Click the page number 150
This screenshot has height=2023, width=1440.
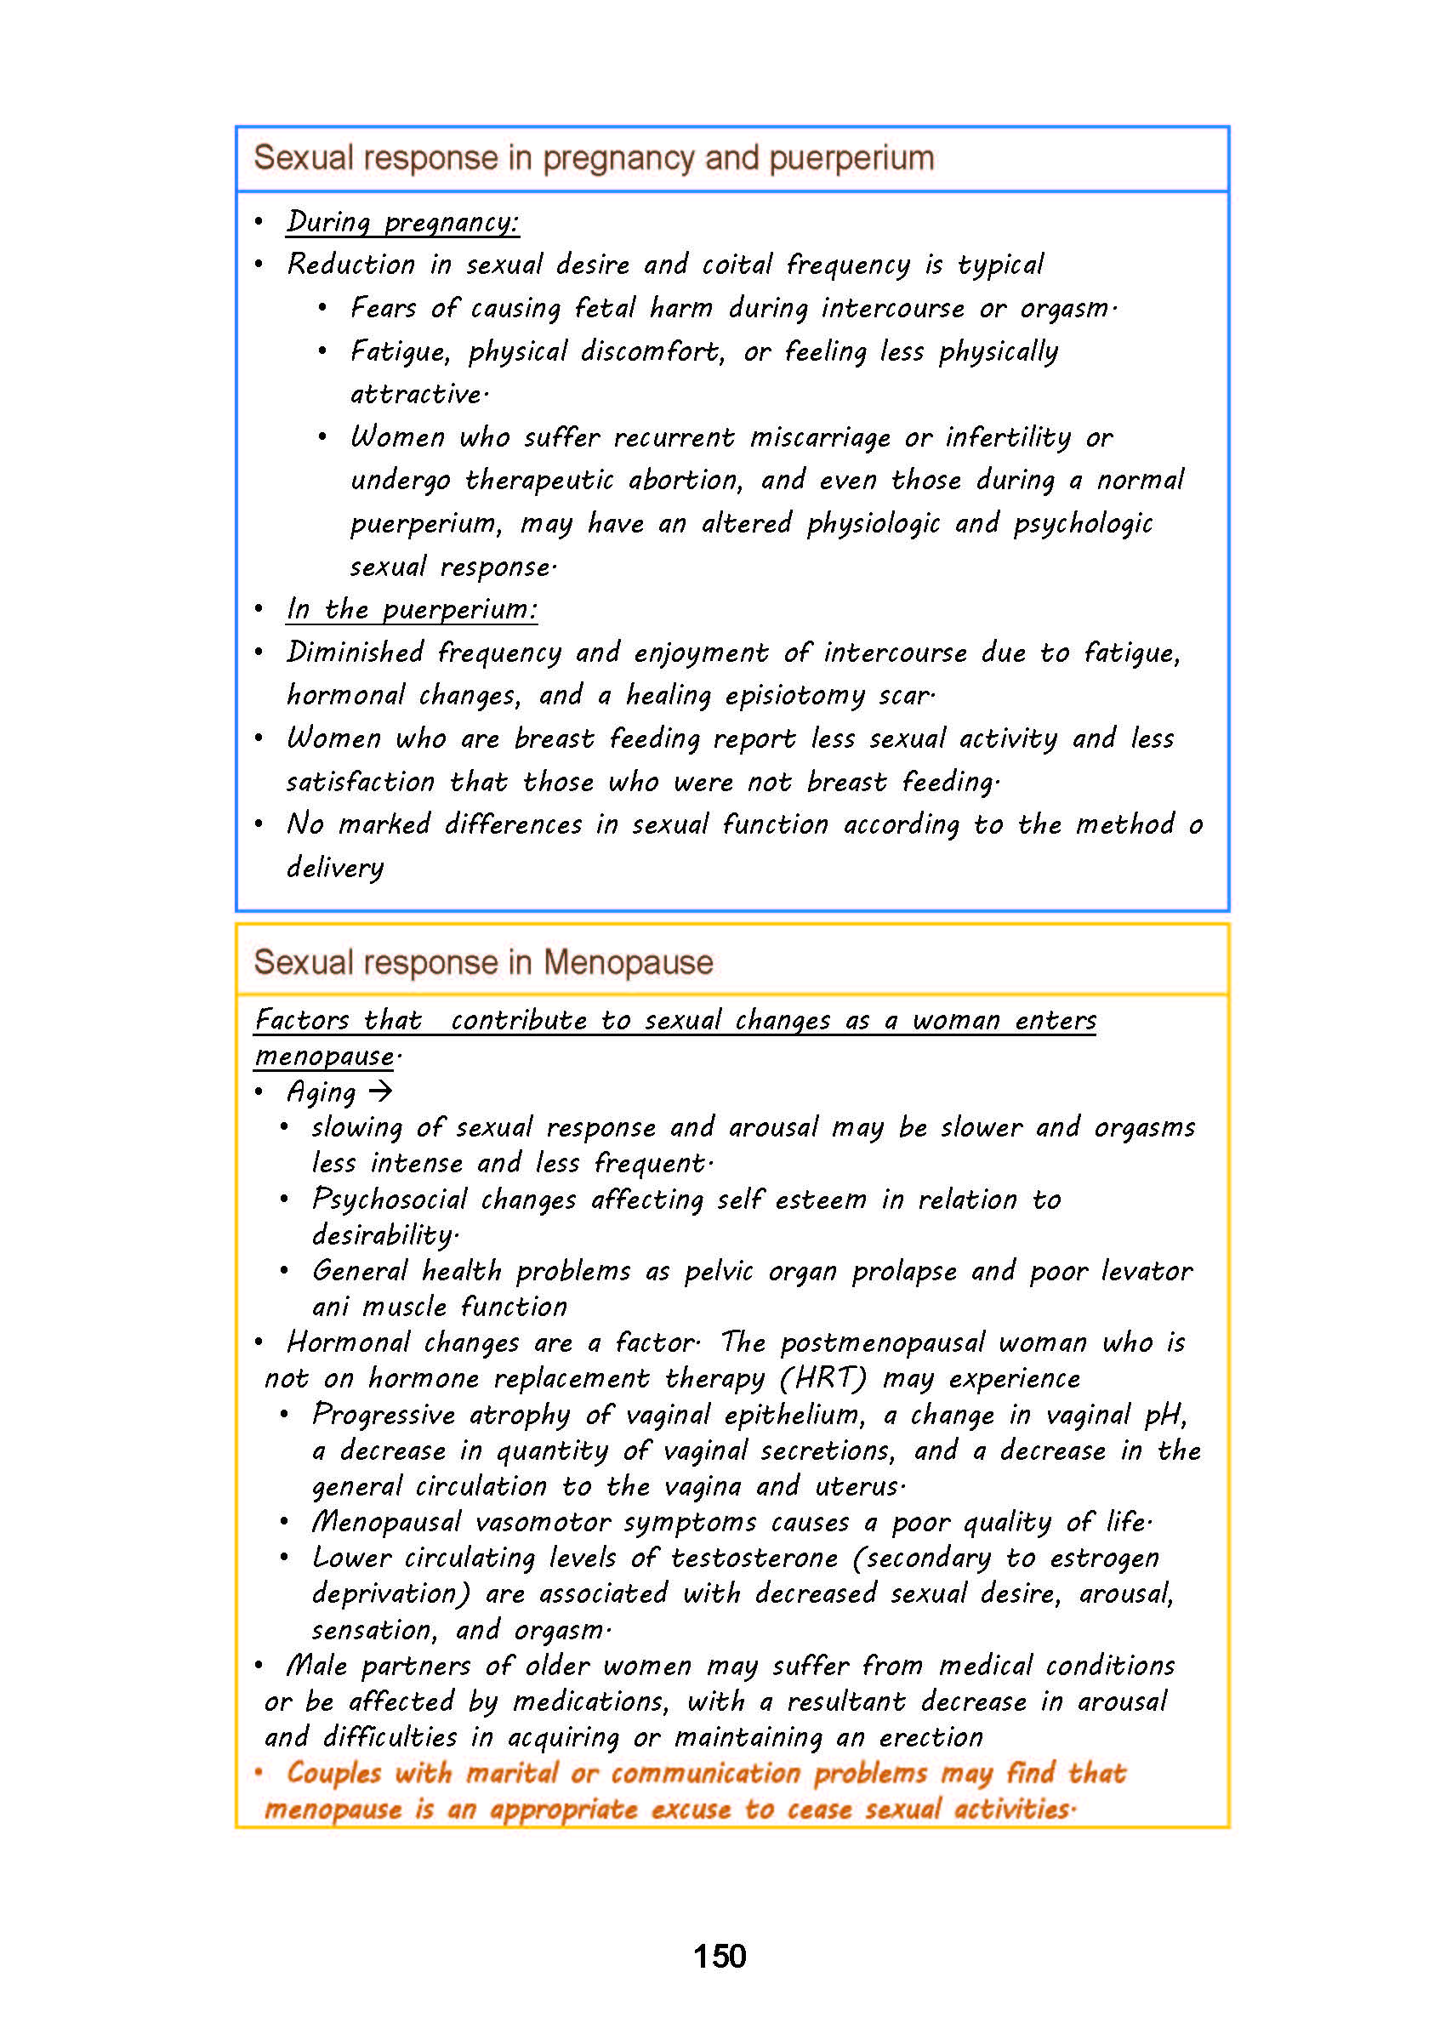point(719,1956)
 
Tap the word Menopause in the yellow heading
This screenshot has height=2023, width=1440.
point(628,962)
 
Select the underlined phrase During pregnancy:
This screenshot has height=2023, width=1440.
point(402,222)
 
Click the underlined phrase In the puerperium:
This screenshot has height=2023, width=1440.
point(412,609)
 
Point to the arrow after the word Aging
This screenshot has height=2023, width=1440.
point(380,1091)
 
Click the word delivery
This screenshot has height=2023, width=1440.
point(335,868)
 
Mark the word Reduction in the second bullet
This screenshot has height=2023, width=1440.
point(351,265)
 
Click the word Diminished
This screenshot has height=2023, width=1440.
point(355,652)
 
